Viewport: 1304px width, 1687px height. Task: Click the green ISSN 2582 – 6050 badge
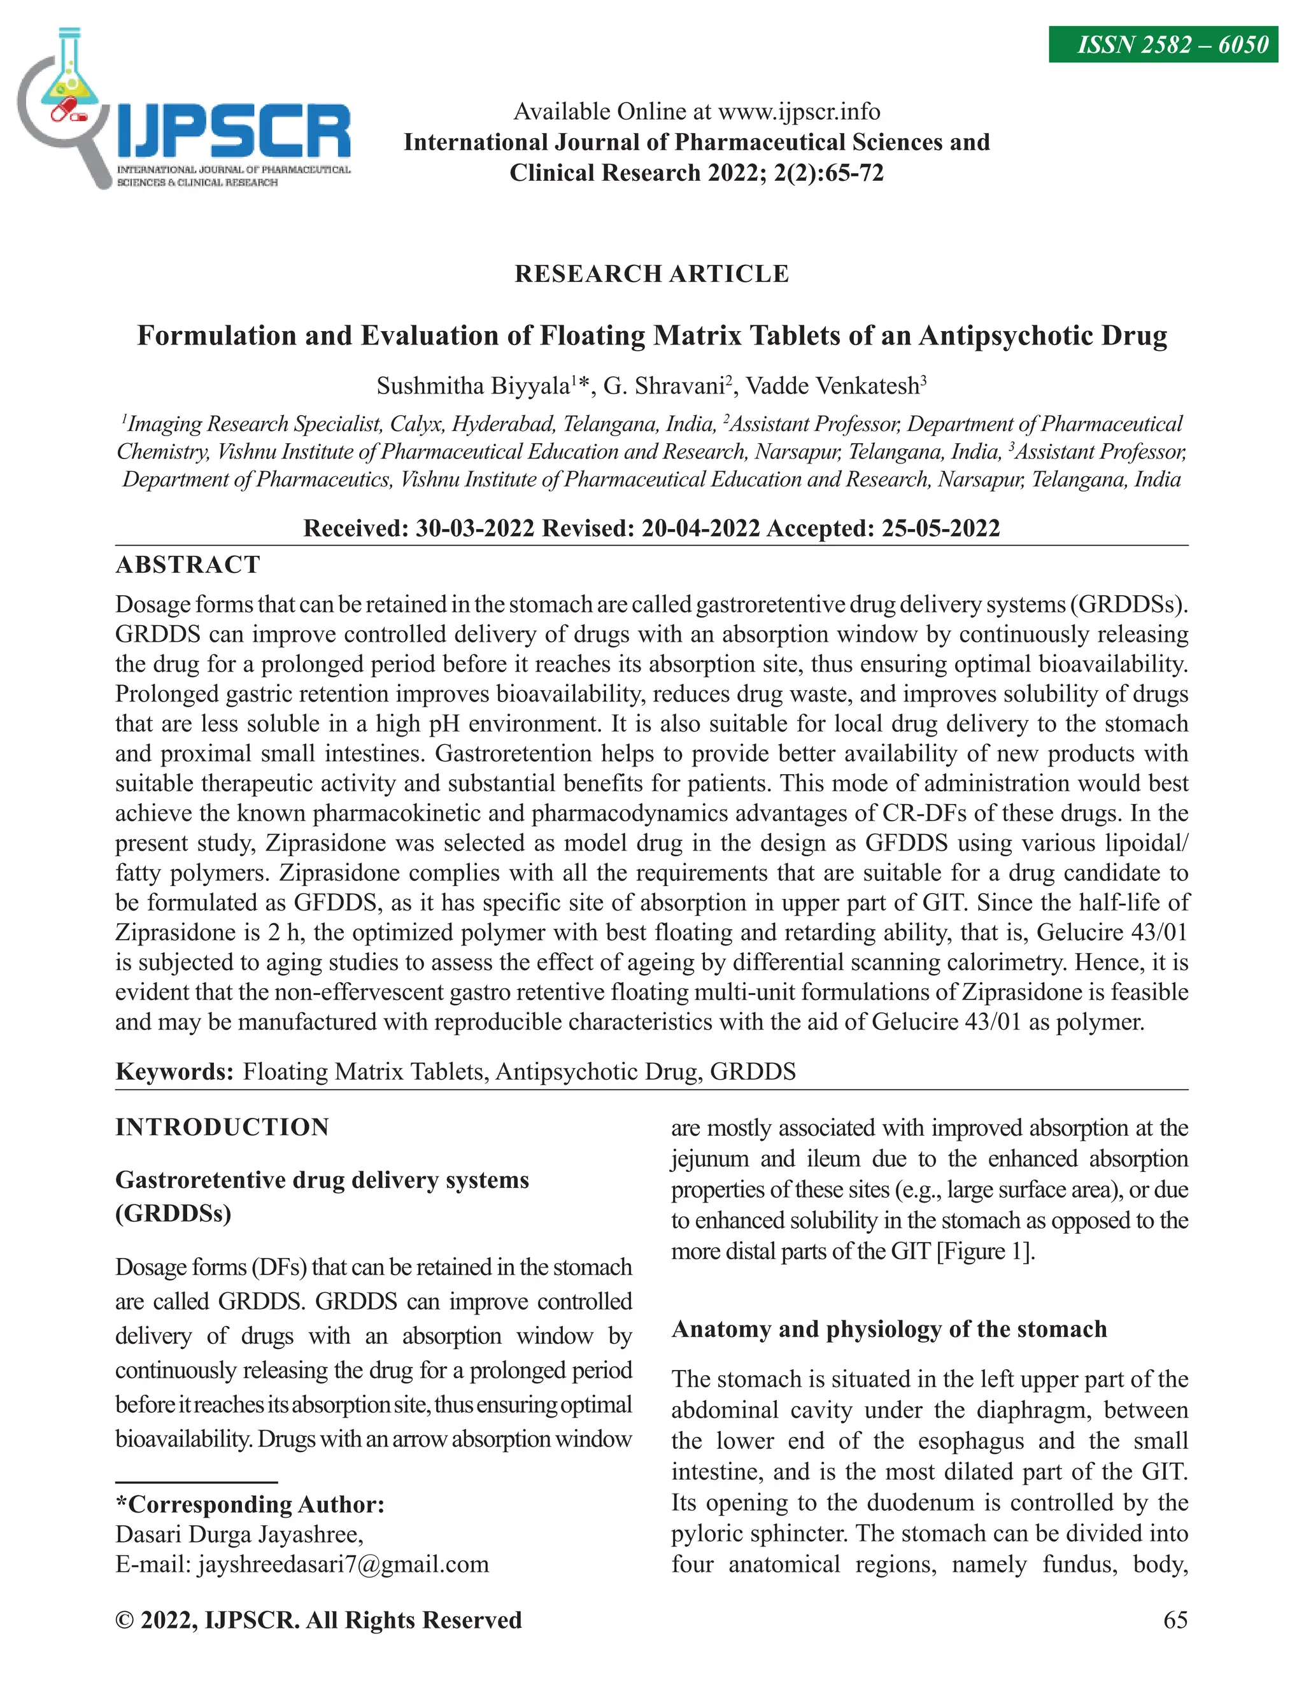coord(1163,45)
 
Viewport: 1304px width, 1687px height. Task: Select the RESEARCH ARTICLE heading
coord(652,274)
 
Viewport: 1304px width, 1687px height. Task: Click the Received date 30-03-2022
coord(475,528)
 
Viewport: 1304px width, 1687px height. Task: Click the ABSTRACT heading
coord(188,565)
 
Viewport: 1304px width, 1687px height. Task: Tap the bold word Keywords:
coord(174,1071)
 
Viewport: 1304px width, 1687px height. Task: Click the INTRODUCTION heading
coord(222,1127)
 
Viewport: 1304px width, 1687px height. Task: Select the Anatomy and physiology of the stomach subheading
coord(889,1329)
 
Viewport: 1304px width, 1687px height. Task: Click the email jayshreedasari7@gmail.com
coord(343,1564)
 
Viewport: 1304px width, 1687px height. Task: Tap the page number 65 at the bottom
coord(1175,1620)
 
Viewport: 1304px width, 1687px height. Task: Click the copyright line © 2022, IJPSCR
coord(318,1620)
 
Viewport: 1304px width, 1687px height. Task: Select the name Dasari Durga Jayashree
coord(239,1534)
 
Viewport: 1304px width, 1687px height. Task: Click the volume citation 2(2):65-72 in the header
coord(828,173)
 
